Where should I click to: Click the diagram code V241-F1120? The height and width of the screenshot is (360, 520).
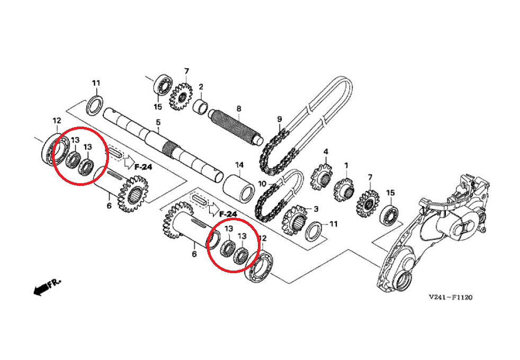450,298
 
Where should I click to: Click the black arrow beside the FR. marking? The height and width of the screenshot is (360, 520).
41,289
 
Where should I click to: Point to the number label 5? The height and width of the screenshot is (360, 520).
158,122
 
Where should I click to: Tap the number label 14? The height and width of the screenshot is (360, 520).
239,165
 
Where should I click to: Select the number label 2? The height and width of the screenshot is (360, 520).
201,87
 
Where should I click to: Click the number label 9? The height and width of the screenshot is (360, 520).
279,119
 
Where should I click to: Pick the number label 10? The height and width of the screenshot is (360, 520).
262,183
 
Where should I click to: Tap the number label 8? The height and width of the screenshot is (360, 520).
239,109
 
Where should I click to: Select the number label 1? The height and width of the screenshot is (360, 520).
346,165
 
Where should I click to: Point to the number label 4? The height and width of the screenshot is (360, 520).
326,152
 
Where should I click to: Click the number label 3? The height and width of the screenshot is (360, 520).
316,209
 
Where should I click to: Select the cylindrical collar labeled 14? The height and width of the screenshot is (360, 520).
239,187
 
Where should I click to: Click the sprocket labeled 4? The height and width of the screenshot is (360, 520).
321,177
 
